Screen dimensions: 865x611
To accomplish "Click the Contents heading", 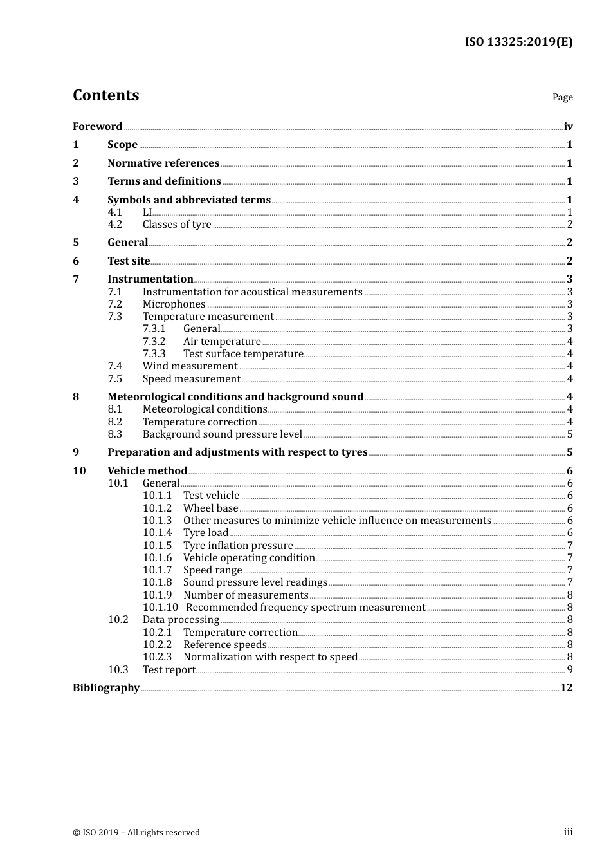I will [x=105, y=95].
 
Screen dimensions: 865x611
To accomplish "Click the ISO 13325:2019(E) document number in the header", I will [x=518, y=42].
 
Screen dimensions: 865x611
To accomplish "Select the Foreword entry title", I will [x=97, y=126].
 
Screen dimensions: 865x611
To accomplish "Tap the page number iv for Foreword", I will [x=568, y=126].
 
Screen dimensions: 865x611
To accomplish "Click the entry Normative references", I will [x=163, y=163].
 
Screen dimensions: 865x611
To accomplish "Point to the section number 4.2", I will [x=114, y=224].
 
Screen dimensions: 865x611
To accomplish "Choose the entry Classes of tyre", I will [x=177, y=224].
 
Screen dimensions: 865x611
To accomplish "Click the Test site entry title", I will [x=129, y=261].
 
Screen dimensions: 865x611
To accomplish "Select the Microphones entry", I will [x=174, y=304].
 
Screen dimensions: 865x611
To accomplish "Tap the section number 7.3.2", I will [x=154, y=341].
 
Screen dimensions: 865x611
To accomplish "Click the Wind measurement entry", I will [x=190, y=366].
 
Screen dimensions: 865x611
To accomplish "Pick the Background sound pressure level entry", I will [x=222, y=434].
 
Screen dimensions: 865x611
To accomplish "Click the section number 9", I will [x=76, y=452].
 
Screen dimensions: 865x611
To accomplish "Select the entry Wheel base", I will [x=210, y=508].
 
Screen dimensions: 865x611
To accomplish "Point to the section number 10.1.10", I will [x=160, y=607].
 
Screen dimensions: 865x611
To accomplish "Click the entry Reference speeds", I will [x=224, y=644].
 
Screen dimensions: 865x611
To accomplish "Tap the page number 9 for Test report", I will [x=570, y=669].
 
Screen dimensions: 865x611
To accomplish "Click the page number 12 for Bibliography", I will [x=566, y=687].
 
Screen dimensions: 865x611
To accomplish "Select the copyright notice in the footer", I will [x=136, y=832].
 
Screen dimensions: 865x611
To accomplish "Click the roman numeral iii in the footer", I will [x=568, y=832].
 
